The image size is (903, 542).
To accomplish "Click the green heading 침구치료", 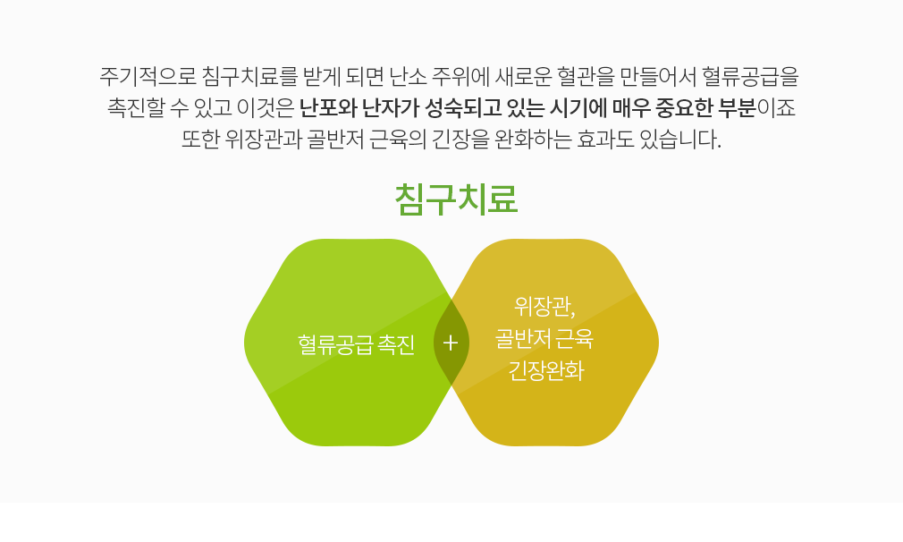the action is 456,199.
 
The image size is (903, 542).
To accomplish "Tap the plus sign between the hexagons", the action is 451,343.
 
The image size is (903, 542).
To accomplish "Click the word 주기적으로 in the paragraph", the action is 148,76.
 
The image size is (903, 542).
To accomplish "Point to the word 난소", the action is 408,76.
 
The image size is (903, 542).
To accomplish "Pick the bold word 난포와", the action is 328,107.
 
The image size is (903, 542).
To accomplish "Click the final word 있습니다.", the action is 680,140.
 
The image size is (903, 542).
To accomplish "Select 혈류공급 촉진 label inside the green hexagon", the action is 356,344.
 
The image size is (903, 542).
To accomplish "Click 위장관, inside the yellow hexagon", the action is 544,306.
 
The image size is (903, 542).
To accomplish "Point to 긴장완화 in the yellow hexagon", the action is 545,370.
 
